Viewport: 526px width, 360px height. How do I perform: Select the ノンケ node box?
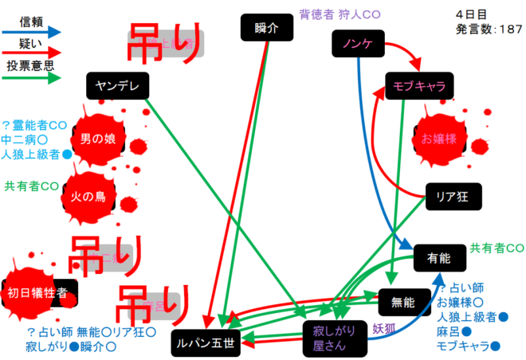point(357,45)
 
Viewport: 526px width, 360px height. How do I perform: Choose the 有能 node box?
point(439,257)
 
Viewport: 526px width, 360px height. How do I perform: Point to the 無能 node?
point(404,301)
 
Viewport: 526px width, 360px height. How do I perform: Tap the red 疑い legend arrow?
point(32,55)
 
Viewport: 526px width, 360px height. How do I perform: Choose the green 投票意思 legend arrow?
point(32,78)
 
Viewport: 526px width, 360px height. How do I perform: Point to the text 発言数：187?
point(489,29)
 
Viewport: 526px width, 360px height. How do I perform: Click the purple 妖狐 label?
point(384,327)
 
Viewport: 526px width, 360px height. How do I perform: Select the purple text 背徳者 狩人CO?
point(340,14)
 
